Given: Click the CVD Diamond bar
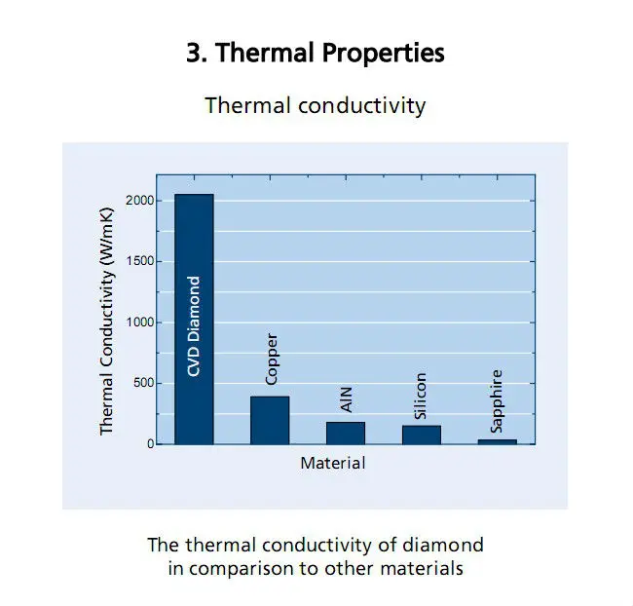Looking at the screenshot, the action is tap(194, 320).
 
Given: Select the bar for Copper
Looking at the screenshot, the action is tap(270, 420).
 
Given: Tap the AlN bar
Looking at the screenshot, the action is tap(346, 434).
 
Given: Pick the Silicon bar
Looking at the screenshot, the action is tap(422, 435).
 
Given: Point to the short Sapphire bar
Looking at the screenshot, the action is tap(498, 442).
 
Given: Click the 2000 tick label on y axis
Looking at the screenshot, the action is tap(139, 201).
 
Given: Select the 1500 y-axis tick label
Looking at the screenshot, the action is tap(140, 261).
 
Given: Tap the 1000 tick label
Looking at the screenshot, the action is tap(140, 322).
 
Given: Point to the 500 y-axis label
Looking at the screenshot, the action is tap(144, 383).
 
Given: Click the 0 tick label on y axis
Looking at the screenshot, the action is tap(151, 444).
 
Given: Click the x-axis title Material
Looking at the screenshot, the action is tap(333, 463).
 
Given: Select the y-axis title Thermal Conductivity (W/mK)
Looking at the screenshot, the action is tap(106, 322).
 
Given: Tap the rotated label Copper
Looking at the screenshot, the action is tap(272, 360).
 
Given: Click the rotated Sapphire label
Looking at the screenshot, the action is tap(496, 401).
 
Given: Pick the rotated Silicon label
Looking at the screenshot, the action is tap(421, 396).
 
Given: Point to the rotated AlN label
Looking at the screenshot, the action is tap(347, 399).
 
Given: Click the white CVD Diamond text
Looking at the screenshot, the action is tap(194, 326).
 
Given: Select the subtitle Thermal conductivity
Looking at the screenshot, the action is tap(316, 106).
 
